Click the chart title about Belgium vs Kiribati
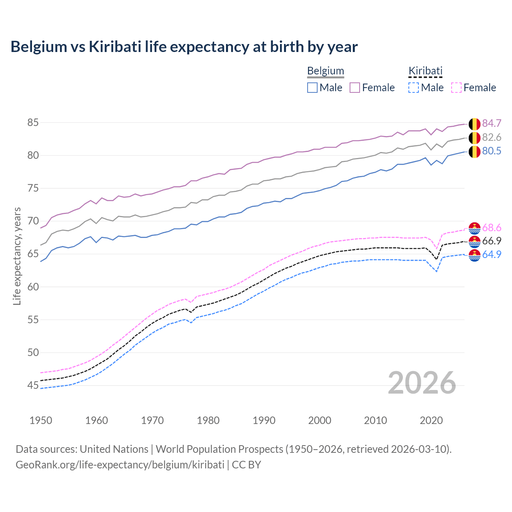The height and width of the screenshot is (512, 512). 184,47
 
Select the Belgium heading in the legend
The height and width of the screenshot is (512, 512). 325,71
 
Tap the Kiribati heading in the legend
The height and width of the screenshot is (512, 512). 425,71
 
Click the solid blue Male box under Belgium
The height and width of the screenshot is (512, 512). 312,88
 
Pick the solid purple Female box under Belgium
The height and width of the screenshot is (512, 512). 355,88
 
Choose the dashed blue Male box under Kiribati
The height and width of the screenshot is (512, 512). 414,88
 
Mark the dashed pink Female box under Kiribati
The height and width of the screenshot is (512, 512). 456,88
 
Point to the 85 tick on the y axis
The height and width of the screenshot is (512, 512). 33,122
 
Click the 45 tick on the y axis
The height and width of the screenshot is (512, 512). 33,386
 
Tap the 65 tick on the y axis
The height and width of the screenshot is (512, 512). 33,254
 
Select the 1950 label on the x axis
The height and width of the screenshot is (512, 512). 41,420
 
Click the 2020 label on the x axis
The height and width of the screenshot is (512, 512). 431,420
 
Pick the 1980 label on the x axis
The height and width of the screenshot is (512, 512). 208,420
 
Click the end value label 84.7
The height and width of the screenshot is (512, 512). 492,123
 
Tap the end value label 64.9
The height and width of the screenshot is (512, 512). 492,255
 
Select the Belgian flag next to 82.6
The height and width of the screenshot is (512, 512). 474,138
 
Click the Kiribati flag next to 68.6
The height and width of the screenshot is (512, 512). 474,228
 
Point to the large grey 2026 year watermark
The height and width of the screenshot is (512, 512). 422,383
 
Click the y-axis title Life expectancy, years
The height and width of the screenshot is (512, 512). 17,256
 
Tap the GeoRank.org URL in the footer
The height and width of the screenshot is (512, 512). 120,465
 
